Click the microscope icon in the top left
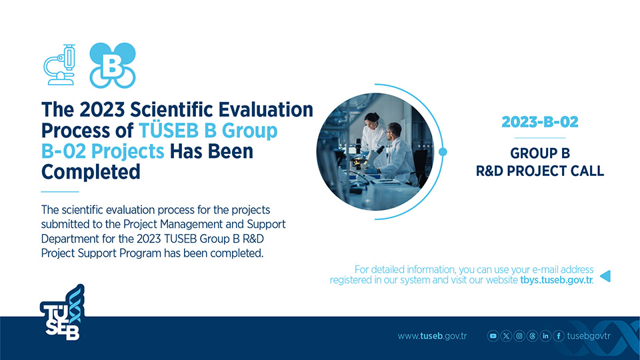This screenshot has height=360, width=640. [x=59, y=65]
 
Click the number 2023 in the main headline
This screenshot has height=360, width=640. [x=101, y=110]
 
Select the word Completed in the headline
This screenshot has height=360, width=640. [x=91, y=172]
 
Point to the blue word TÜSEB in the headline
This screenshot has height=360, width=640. [x=169, y=131]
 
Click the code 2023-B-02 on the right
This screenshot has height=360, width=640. [x=539, y=122]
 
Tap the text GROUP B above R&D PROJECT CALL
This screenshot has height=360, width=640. [x=539, y=153]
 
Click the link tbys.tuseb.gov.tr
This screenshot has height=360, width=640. [x=556, y=280]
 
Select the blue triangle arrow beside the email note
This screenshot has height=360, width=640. [x=606, y=276]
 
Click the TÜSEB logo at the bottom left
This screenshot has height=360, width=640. [x=63, y=312]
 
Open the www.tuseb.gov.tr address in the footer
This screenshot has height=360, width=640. [x=432, y=336]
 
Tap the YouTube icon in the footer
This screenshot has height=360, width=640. [x=493, y=336]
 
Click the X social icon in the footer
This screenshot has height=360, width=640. [x=506, y=336]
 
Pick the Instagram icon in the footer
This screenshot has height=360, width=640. [x=519, y=336]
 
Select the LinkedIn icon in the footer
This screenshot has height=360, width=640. [x=545, y=336]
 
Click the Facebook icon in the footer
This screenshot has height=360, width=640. [x=559, y=336]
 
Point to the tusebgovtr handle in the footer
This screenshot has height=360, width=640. [x=589, y=336]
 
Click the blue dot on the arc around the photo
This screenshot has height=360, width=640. [x=443, y=152]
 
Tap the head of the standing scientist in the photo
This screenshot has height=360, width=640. [x=371, y=119]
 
